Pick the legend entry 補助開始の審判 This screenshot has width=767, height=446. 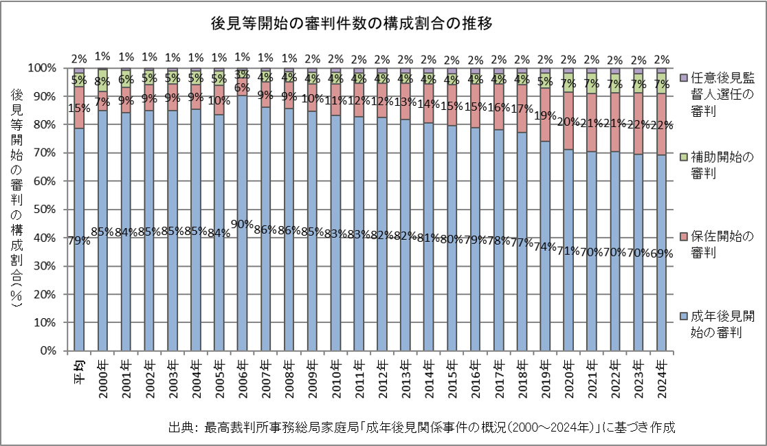[718, 165]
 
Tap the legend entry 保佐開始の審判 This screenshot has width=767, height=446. [718, 244]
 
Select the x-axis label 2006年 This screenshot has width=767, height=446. [242, 378]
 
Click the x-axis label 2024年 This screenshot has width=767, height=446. [662, 378]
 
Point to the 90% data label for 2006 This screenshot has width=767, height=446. [242, 224]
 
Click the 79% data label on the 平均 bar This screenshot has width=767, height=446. [79, 240]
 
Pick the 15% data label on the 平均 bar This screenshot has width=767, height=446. [79, 107]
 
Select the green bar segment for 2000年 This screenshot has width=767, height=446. [102, 80]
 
